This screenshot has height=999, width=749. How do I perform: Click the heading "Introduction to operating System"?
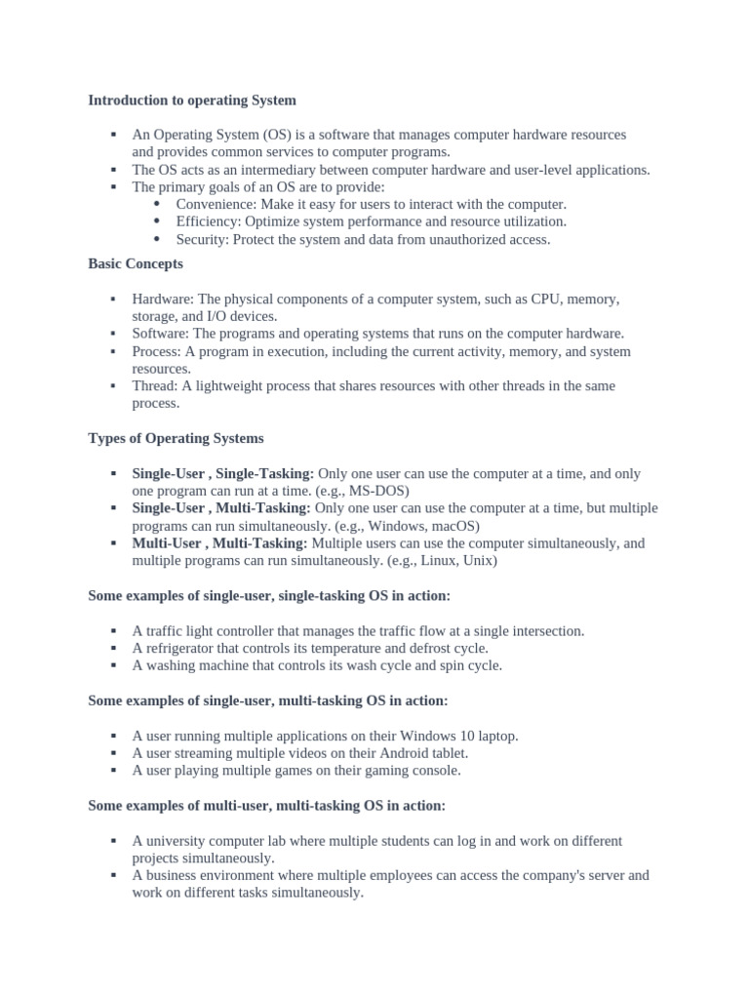coord(192,100)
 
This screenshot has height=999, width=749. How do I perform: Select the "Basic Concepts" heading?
coord(136,264)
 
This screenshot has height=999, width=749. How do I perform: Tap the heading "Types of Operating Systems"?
coord(176,439)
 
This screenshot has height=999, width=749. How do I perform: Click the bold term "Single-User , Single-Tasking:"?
coord(223,474)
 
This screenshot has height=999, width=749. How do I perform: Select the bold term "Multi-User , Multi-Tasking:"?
coord(219,543)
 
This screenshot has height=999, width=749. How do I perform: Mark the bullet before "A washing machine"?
coord(114,665)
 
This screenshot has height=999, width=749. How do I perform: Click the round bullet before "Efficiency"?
coord(158,221)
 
